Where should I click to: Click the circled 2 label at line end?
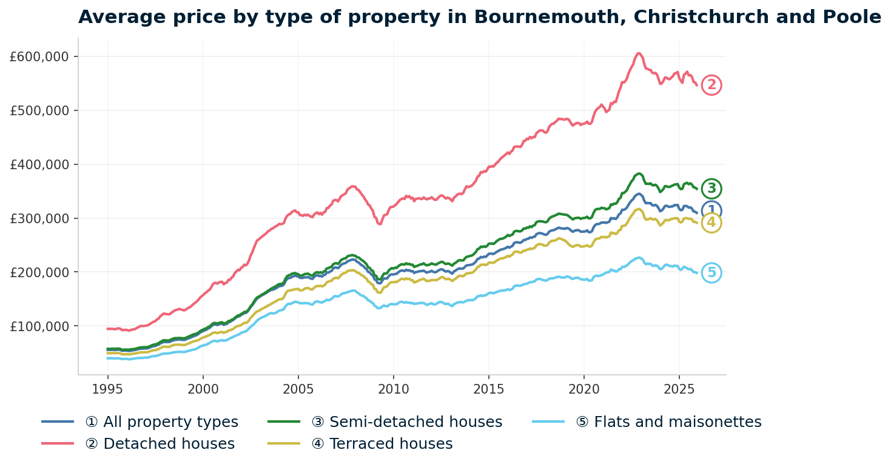(x=711, y=86)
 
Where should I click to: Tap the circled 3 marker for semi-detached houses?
(x=711, y=189)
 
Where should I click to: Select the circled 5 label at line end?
(x=711, y=273)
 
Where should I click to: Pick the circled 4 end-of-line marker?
(x=711, y=223)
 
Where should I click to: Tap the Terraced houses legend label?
(x=382, y=444)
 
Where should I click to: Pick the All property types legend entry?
(x=170, y=422)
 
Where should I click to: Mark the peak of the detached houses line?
(x=639, y=53)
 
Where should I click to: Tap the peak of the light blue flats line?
(x=639, y=257)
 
